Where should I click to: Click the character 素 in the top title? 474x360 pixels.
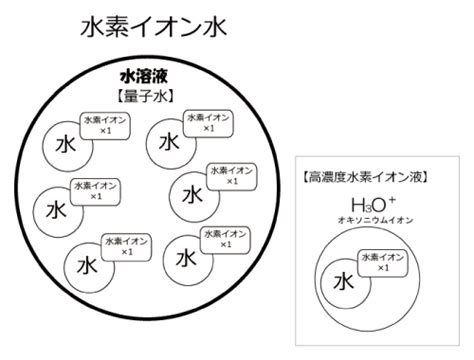(x=117, y=27)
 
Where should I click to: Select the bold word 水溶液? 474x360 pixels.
(x=144, y=77)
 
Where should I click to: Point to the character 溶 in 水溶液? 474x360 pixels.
(x=144, y=77)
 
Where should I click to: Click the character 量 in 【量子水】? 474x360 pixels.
(x=132, y=96)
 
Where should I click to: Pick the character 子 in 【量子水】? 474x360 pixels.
(x=145, y=96)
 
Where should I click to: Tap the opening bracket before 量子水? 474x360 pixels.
(x=120, y=96)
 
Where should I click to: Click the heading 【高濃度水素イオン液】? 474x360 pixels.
(x=366, y=177)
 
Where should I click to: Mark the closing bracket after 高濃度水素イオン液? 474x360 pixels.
(x=425, y=177)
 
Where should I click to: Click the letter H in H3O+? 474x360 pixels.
(x=357, y=205)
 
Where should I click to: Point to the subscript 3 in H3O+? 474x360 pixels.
(x=367, y=209)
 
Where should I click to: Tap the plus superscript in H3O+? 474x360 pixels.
(x=392, y=200)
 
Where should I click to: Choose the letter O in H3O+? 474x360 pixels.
(x=378, y=205)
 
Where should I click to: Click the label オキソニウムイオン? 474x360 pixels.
(x=375, y=220)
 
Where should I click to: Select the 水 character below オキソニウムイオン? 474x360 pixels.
(x=344, y=282)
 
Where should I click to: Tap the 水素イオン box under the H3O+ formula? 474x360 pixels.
(x=383, y=263)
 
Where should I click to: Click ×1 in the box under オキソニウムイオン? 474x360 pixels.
(x=383, y=268)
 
